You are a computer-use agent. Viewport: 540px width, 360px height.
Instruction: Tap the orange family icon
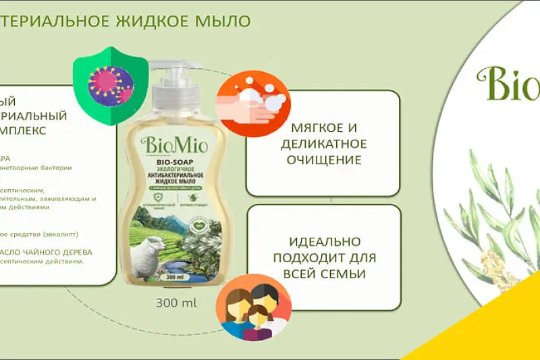[x=252, y=307]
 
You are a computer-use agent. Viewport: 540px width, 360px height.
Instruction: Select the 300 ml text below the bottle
[x=176, y=302]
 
